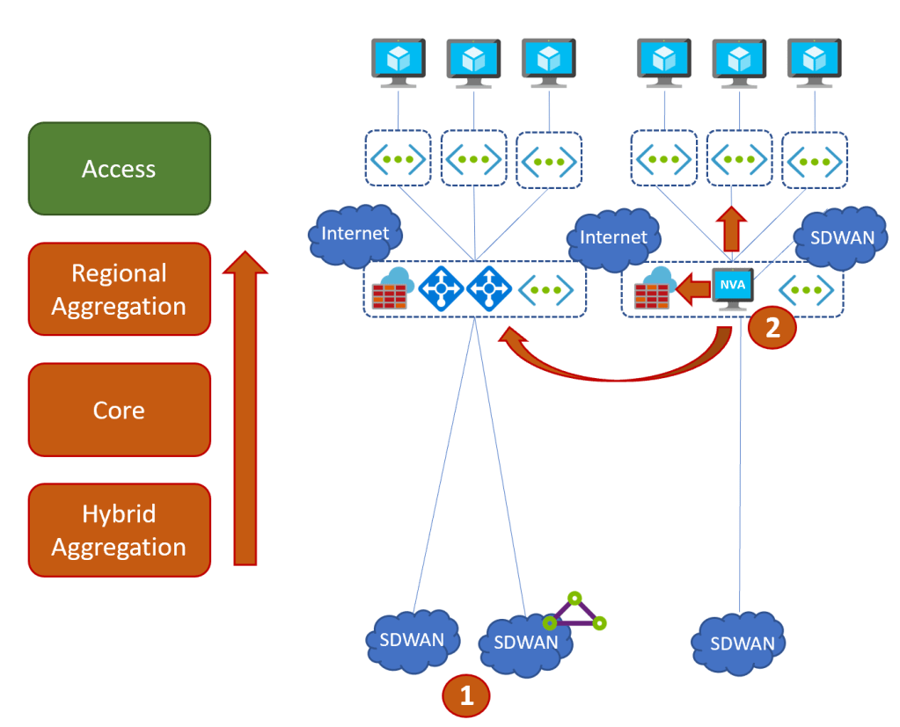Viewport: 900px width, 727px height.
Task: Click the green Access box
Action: [x=119, y=169]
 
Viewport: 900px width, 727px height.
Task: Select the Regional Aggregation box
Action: [x=119, y=289]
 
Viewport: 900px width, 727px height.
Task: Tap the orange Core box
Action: [x=119, y=410]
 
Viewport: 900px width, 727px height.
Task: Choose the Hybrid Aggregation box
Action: [x=119, y=530]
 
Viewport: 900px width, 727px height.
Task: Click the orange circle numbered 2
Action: [x=772, y=328]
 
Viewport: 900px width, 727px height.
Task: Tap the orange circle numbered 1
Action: [x=467, y=695]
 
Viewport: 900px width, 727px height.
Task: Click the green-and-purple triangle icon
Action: [x=574, y=614]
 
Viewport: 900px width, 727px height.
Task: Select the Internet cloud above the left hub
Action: [x=355, y=234]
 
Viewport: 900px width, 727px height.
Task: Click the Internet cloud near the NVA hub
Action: [x=614, y=237]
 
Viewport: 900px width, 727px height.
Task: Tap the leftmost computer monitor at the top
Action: [x=398, y=62]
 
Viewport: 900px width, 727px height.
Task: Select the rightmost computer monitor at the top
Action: [x=814, y=62]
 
